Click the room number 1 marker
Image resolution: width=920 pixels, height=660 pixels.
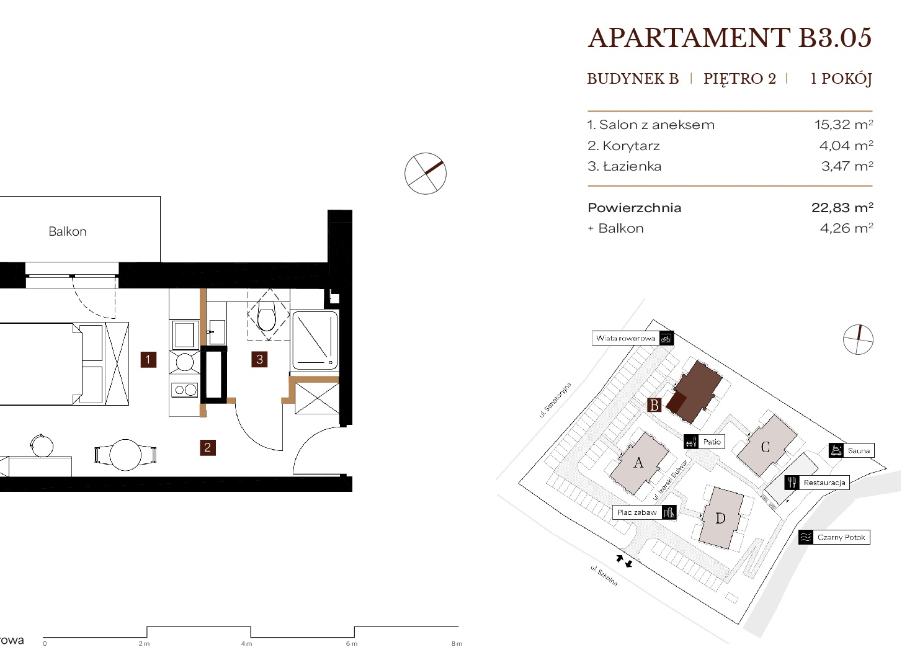[148, 359]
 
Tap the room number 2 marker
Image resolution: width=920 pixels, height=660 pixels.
[207, 447]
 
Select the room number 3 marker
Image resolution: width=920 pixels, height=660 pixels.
[259, 359]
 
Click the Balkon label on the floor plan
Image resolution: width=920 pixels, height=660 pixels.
[68, 231]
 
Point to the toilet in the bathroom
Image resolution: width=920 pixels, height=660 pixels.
[267, 319]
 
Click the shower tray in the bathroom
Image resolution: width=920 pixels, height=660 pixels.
[315, 341]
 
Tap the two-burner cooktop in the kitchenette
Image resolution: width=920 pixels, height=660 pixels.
[185, 390]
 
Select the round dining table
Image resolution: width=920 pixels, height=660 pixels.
[126, 455]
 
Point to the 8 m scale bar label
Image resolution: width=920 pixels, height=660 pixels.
[457, 644]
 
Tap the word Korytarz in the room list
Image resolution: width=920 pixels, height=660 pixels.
[632, 146]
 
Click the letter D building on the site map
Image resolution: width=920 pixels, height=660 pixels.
[721, 519]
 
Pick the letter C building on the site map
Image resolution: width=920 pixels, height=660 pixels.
[766, 447]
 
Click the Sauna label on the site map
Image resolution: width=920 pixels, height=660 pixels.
[859, 450]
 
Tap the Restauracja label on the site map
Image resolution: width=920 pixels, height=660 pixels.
[824, 483]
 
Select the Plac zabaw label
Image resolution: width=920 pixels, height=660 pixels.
[637, 512]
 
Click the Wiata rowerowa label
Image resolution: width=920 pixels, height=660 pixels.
[625, 339]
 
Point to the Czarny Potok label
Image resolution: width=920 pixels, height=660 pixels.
[841, 537]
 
